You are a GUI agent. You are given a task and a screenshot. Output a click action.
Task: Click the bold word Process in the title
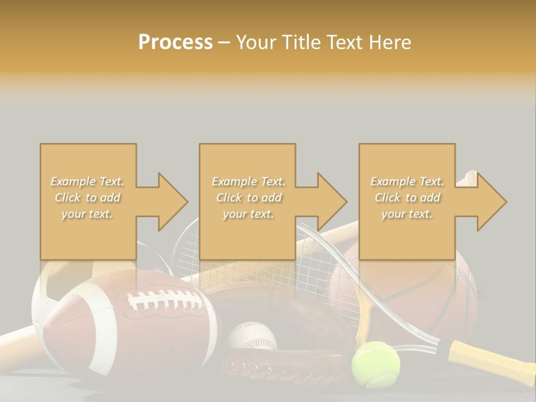175,42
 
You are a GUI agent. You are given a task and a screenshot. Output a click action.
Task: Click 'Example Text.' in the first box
88,181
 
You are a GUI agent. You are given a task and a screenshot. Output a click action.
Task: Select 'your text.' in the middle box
248,214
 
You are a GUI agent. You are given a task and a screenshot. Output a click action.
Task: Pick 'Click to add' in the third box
407,198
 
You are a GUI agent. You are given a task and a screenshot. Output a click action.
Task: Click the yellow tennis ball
375,364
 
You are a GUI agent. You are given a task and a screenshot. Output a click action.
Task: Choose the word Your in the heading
257,42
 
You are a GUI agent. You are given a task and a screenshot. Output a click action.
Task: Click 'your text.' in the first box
88,214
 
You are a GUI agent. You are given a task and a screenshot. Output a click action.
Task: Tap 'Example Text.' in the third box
407,181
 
